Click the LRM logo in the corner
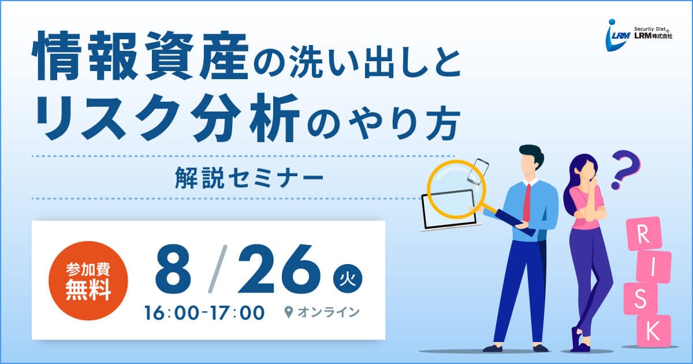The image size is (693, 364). (639, 35)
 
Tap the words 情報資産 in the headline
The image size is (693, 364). (141, 56)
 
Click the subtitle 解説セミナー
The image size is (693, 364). (249, 178)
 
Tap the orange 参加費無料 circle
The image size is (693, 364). (88, 281)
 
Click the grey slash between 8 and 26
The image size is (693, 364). (218, 269)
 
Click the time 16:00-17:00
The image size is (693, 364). (204, 313)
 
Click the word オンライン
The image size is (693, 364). (329, 313)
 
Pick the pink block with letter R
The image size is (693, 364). (643, 235)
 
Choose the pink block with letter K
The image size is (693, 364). (653, 330)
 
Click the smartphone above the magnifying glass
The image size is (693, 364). (478, 172)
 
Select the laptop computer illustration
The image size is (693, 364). (449, 210)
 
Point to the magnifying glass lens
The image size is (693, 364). (456, 190)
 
